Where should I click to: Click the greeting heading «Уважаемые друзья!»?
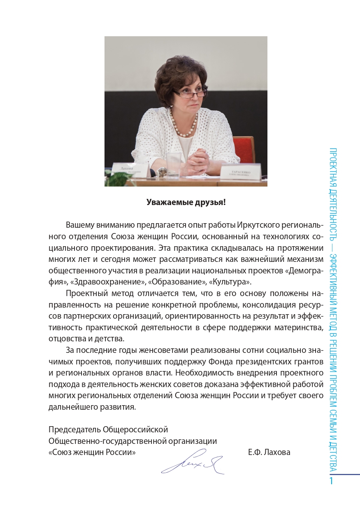pyautogui.click(x=186, y=202)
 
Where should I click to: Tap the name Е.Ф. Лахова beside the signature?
pyautogui.click(x=269, y=452)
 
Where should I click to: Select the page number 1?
pyautogui.click(x=332, y=481)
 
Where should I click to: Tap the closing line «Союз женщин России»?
pyautogui.click(x=92, y=452)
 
